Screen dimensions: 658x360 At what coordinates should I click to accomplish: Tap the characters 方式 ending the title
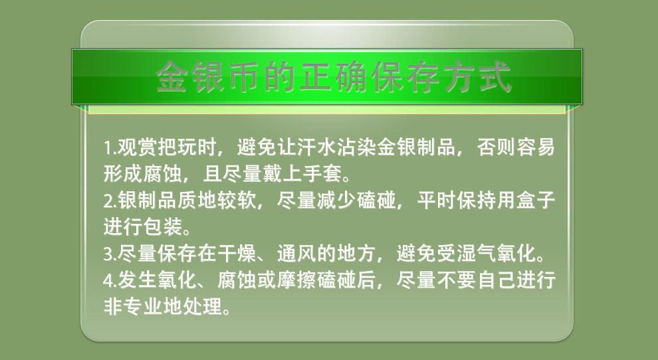tap(478, 76)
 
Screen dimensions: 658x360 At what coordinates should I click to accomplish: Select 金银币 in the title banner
tap(209, 76)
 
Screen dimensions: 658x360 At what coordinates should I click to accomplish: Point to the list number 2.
tap(109, 201)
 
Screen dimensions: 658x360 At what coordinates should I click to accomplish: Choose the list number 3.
tap(109, 254)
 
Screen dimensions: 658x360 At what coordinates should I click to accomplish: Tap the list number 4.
tap(109, 280)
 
